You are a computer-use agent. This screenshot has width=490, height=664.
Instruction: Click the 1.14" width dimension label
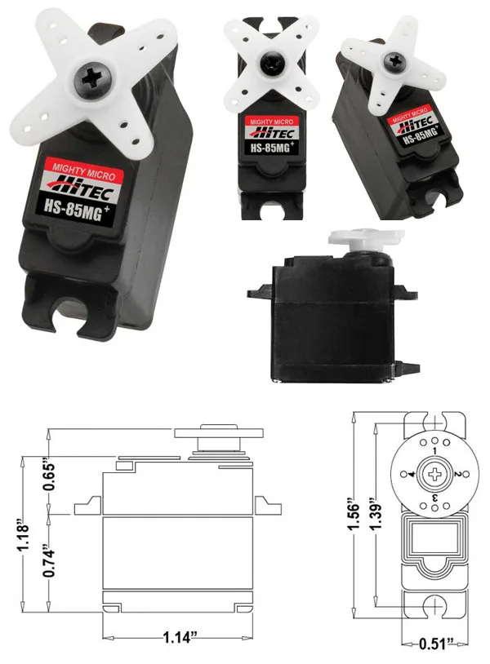[180, 637]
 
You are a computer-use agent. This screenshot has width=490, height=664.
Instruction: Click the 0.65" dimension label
[50, 476]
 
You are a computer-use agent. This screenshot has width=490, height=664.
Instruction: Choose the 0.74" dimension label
[50, 562]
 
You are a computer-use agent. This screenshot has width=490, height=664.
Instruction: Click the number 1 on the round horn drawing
[434, 450]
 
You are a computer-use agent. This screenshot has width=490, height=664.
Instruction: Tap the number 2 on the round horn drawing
[457, 474]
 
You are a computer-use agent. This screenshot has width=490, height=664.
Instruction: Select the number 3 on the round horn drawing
[434, 497]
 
